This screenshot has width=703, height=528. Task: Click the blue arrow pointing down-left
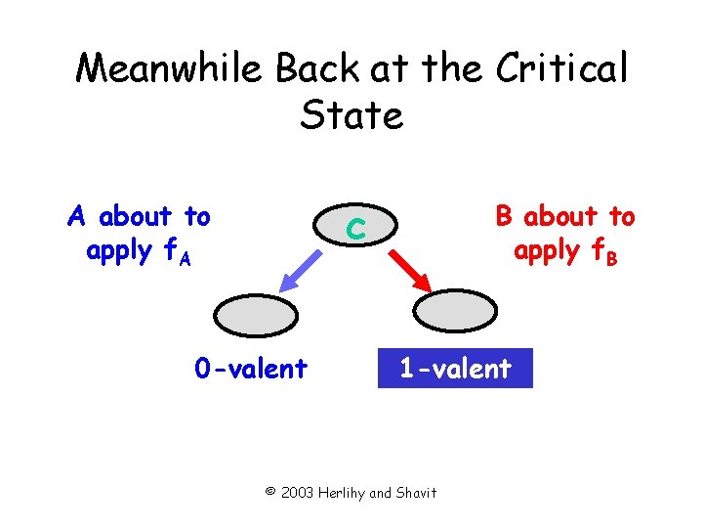tap(302, 269)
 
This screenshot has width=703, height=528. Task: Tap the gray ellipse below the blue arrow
tap(255, 316)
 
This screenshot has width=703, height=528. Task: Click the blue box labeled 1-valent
tap(455, 369)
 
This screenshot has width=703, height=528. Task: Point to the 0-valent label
tap(251, 369)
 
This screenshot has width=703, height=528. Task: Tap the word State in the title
tap(351, 115)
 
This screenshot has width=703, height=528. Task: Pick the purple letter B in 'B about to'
tap(504, 215)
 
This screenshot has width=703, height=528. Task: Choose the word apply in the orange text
tap(119, 251)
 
